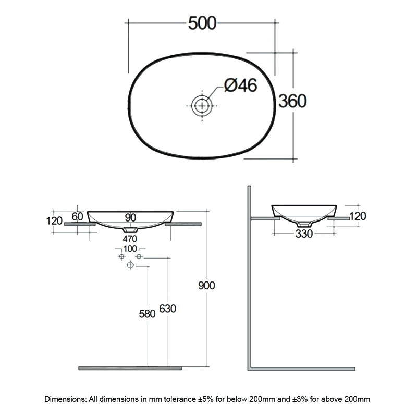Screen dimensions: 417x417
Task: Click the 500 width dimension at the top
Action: pyautogui.click(x=201, y=23)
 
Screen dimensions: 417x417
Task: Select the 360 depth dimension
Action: pyautogui.click(x=292, y=101)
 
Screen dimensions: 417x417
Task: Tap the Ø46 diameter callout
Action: pyautogui.click(x=241, y=85)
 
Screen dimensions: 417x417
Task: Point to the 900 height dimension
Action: pyautogui.click(x=207, y=285)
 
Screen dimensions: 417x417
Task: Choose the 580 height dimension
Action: pyautogui.click(x=148, y=314)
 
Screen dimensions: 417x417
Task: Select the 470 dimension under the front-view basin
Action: pyautogui.click(x=130, y=239)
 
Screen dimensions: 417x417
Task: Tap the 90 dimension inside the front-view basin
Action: pyautogui.click(x=130, y=217)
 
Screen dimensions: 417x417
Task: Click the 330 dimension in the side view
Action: pyautogui.click(x=304, y=234)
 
